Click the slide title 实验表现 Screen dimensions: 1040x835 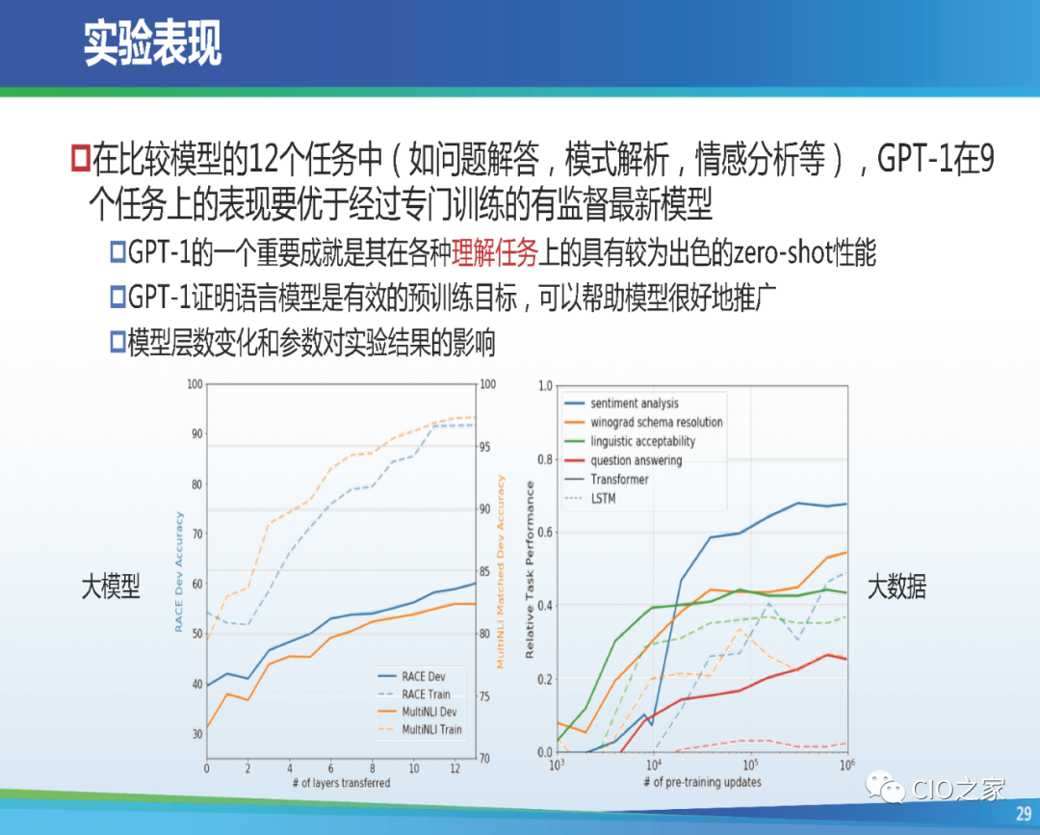152,43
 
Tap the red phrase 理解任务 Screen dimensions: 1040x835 494,252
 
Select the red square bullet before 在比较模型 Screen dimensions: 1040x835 80,158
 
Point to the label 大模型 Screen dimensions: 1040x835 111,587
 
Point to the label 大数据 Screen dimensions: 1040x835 897,587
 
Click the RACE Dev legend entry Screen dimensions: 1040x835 411,676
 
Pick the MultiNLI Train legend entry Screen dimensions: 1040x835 419,730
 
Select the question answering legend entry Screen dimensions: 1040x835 623,460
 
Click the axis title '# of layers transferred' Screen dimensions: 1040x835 341,783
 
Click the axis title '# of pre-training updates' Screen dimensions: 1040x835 702,782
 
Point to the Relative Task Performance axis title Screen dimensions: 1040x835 530,570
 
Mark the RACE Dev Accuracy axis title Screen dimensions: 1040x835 178,572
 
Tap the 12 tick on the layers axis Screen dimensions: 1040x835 455,769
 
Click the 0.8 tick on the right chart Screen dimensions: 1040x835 545,459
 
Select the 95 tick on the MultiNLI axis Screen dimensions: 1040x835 484,447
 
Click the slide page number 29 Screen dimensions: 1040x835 1024,814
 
